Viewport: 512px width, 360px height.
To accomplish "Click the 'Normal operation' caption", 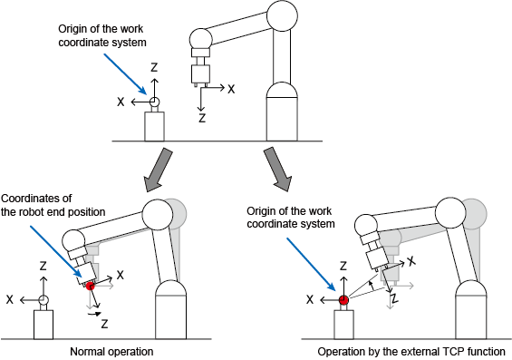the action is point(111,352).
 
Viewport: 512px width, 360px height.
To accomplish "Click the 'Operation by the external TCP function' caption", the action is point(411,352).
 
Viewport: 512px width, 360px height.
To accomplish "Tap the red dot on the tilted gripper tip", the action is point(90,287).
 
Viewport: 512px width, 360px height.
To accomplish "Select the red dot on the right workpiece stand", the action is point(343,300).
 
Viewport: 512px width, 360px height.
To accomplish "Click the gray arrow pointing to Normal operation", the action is point(158,170).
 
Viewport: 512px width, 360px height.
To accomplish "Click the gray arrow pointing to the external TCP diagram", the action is point(278,170).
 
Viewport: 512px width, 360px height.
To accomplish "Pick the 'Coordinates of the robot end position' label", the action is point(53,205).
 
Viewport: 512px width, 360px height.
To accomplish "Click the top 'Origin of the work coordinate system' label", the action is point(102,35).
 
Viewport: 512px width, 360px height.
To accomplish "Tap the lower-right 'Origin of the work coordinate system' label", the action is point(291,218).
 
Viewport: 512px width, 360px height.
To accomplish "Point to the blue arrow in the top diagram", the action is point(125,74).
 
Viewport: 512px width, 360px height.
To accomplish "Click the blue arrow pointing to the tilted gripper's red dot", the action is point(58,255).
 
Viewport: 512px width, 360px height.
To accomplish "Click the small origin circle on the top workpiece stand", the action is point(154,102).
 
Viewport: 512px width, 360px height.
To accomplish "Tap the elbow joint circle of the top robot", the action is point(282,15).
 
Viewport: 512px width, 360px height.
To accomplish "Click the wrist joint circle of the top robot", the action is point(201,40).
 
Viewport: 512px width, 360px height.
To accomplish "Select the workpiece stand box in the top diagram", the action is point(154,126).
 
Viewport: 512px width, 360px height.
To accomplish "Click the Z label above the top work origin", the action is point(154,67).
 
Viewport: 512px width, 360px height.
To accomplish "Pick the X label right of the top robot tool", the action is point(231,89).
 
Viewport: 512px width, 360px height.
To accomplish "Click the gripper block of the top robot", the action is point(200,73).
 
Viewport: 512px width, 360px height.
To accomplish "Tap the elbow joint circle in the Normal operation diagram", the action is point(158,215).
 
